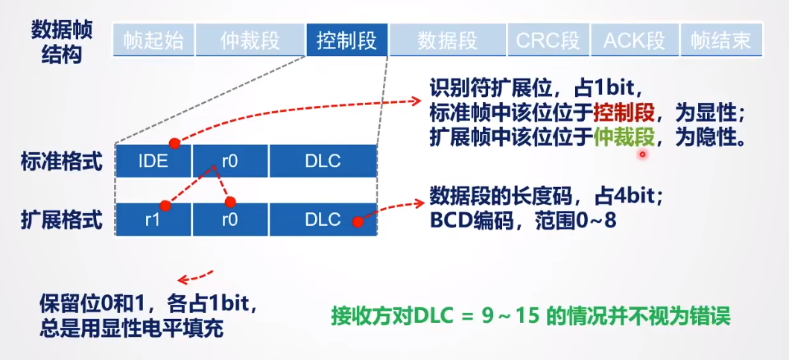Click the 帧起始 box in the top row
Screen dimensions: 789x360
[153, 40]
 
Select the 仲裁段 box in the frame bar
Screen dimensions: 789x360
[250, 40]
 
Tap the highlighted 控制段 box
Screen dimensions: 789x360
[346, 40]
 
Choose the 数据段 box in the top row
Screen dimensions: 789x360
[447, 40]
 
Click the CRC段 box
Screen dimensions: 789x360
[548, 40]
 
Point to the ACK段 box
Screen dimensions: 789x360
[634, 40]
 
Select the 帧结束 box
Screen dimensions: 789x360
[720, 40]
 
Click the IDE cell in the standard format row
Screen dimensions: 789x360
[153, 161]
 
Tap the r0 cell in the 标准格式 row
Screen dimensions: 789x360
[229, 161]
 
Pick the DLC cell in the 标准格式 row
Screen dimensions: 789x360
[323, 161]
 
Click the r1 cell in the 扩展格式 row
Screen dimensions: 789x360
[153, 220]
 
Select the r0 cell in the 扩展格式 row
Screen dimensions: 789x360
[229, 220]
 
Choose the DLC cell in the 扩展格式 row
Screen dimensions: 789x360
[323, 220]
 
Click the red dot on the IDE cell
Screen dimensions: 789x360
[174, 142]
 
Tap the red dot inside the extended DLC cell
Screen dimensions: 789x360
[358, 221]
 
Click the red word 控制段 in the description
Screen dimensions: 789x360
[624, 113]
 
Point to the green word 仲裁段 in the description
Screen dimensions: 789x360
[624, 136]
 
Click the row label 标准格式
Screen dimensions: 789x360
[63, 162]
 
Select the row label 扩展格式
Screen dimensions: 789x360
[63, 221]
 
